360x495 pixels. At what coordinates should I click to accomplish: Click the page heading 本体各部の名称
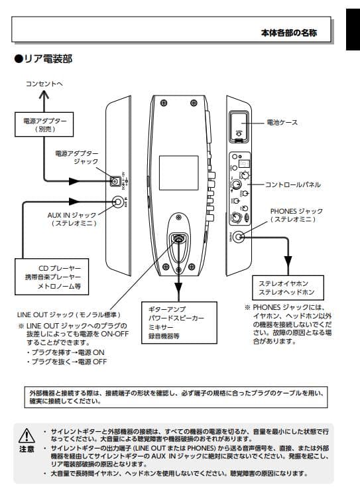click(x=288, y=33)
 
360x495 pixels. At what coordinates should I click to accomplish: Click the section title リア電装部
click(x=43, y=60)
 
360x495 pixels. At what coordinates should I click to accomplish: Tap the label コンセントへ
click(x=44, y=84)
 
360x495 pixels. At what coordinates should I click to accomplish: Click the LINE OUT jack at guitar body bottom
click(x=178, y=239)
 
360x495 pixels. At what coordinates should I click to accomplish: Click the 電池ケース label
click(x=282, y=122)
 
